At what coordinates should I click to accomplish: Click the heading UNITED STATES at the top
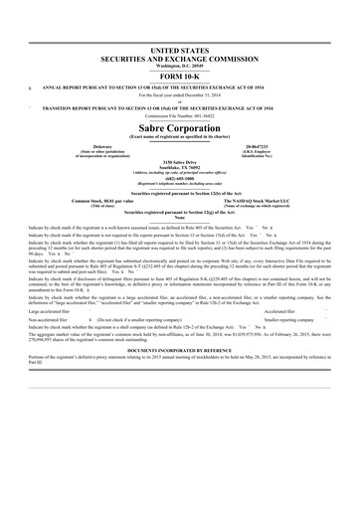point(180,47)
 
